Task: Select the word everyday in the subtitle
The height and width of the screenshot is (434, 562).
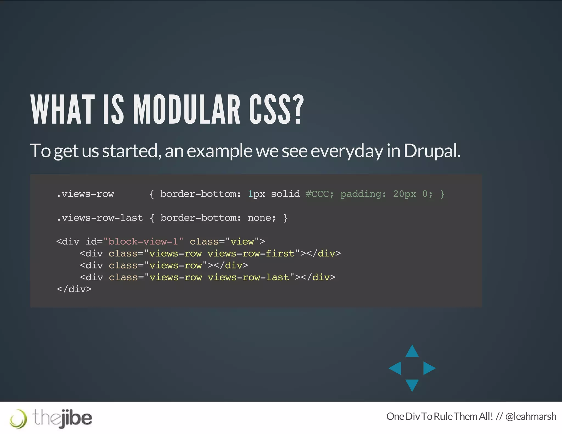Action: pos(347,151)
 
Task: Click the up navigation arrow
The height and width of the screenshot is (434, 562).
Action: pos(412,351)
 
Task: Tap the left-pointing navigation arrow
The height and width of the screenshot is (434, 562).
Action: pos(395,368)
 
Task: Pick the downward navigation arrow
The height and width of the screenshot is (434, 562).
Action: pos(412,385)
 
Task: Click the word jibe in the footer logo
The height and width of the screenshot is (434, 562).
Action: pos(76,418)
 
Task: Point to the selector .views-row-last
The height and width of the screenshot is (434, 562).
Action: pos(100,218)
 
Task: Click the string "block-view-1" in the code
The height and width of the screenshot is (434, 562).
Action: pos(143,241)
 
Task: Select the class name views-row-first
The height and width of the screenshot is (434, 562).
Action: pos(251,253)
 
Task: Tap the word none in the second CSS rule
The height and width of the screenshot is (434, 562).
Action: pos(259,218)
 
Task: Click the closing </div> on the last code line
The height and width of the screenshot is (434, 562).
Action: pos(74,289)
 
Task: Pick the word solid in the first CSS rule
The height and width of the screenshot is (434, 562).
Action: pos(285,194)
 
